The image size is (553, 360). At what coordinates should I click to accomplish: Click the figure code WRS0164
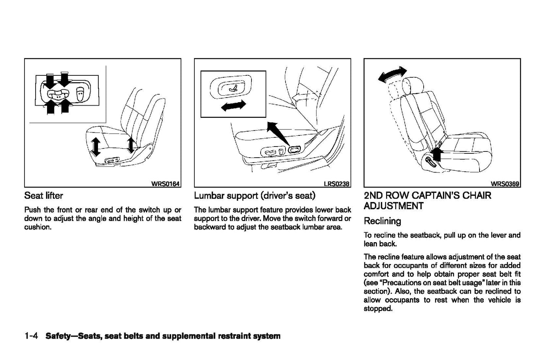tap(165, 184)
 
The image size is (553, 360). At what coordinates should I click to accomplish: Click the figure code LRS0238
tap(336, 184)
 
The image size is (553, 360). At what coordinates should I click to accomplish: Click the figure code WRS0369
tap(505, 184)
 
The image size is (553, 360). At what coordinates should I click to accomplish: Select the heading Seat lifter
tap(43, 195)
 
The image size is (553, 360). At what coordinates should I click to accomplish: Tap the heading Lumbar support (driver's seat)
tap(254, 195)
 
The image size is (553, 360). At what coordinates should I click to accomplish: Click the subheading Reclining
tap(382, 221)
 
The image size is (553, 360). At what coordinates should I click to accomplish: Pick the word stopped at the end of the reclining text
tap(378, 309)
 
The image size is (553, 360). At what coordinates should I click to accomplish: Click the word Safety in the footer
tap(59, 336)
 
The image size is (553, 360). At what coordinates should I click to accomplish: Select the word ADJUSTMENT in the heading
tap(393, 206)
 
